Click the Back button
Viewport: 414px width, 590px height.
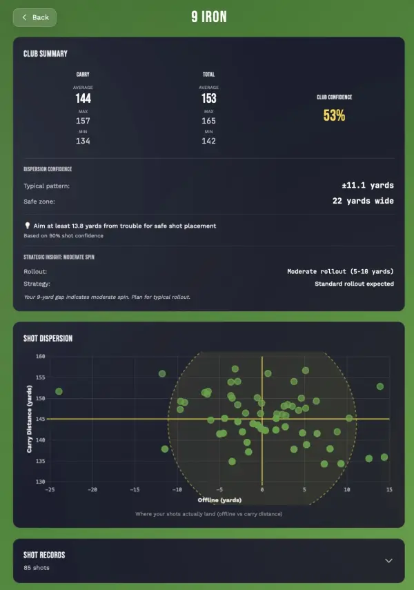(34, 17)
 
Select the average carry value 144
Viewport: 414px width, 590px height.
(83, 99)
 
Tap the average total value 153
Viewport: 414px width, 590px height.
(208, 99)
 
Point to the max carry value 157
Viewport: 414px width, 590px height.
(83, 121)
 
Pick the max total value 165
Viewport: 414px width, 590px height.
(208, 121)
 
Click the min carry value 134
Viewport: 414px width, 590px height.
(83, 141)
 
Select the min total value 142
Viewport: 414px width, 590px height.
(208, 141)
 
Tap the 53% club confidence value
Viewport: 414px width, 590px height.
(334, 115)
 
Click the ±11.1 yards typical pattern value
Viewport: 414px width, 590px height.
(367, 186)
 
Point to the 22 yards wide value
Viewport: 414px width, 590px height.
(363, 201)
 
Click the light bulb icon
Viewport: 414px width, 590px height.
(27, 226)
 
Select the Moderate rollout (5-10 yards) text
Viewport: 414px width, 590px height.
(340, 271)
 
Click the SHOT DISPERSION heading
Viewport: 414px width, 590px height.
(48, 338)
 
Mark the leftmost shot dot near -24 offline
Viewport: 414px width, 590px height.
(59, 391)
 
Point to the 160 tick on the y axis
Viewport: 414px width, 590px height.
(40, 357)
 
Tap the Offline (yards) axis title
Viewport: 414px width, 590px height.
(219, 499)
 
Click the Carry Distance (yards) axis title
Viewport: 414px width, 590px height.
(30, 419)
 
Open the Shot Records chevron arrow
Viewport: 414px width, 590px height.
(388, 560)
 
